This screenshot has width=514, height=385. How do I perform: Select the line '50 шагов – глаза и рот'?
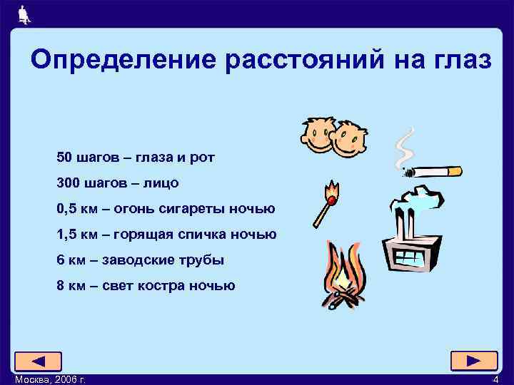135,157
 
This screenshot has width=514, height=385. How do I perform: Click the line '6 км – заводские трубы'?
140,260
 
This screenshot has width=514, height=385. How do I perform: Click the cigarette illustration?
431,172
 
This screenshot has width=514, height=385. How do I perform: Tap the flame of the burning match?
332,190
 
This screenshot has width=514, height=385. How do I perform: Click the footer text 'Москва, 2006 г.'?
51,379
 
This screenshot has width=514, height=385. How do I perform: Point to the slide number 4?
495,379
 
